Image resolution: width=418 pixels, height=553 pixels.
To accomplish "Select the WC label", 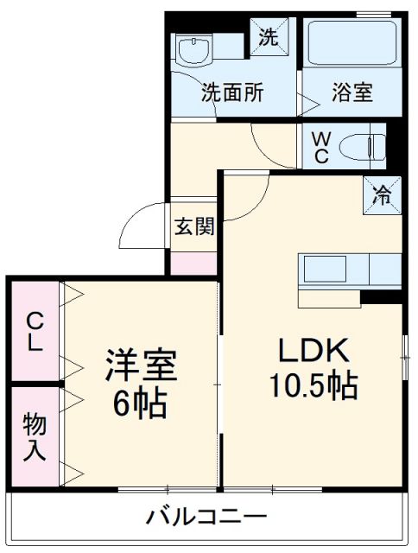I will [320, 147].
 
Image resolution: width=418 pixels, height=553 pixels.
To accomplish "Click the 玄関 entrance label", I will [194, 227].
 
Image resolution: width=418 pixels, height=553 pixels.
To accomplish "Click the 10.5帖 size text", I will [313, 386].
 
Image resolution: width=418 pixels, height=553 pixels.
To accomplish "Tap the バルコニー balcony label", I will [206, 518].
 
